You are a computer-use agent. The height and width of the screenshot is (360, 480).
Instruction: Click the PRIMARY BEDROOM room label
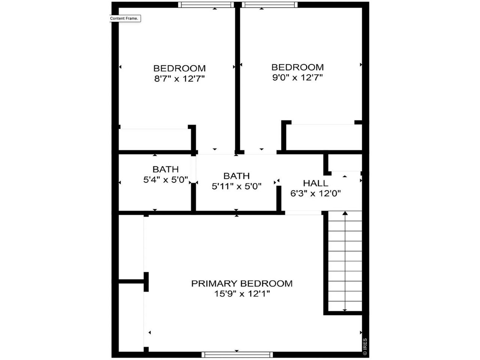point(241,283)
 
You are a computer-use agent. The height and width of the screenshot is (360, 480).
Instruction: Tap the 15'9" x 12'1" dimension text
point(242,294)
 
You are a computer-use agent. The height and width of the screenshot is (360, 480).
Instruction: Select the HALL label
point(315,183)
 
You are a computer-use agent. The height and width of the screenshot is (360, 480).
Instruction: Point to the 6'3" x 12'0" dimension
point(315,193)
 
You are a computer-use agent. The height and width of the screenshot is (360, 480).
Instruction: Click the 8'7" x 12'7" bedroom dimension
point(179,79)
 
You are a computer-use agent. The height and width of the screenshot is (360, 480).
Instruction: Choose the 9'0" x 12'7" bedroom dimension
point(297,78)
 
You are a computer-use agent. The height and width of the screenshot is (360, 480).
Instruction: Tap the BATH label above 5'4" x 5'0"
point(165,169)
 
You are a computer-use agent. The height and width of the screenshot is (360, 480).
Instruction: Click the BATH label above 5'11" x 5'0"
point(236,176)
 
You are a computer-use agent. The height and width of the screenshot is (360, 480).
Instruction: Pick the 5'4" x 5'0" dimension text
point(165,180)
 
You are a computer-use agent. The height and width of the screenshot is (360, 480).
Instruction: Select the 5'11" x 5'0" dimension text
point(236,186)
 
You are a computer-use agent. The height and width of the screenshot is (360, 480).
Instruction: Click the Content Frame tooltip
point(124,18)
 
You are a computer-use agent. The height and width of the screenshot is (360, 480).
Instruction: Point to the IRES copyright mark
point(364,347)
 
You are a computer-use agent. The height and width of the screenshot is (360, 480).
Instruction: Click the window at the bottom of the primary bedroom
point(237,354)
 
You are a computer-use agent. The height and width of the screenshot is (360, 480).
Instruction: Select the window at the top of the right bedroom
point(269,4)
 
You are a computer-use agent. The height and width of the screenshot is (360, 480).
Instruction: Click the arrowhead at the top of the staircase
point(345,213)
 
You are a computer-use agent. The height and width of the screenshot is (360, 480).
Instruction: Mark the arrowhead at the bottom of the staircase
point(345,310)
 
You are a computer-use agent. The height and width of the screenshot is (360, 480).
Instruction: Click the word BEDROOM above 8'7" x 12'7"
point(179,69)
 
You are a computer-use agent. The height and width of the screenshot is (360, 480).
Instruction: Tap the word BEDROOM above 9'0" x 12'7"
point(297,67)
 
